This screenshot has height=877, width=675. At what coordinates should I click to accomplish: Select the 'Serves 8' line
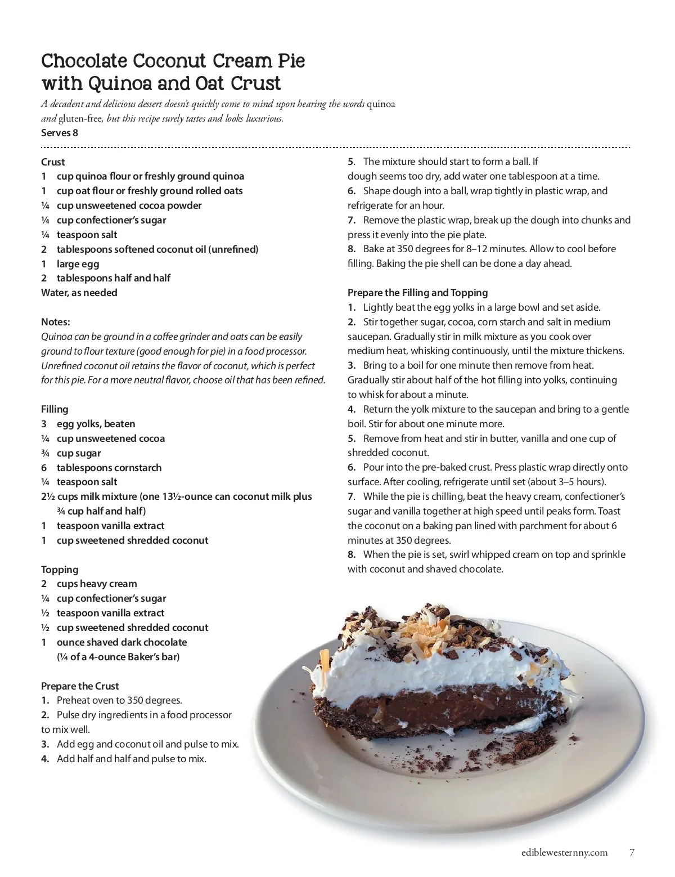(60, 133)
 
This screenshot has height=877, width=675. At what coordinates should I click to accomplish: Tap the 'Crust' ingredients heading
(53, 162)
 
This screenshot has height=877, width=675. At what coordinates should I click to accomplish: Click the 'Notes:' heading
(56, 322)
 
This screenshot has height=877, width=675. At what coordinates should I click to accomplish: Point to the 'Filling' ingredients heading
(55, 409)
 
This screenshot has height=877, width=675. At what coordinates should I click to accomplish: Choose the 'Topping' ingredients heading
(60, 569)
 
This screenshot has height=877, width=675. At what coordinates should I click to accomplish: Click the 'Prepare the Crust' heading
(80, 686)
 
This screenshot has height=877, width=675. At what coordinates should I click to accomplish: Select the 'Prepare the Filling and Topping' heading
(417, 293)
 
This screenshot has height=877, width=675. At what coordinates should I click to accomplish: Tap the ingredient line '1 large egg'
(70, 263)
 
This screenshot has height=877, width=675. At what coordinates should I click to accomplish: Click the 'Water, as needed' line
(79, 293)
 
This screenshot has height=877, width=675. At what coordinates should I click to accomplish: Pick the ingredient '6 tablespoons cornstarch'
(101, 467)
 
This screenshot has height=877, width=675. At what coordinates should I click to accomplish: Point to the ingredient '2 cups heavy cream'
(89, 584)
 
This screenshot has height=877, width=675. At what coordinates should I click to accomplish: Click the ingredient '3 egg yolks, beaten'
(88, 424)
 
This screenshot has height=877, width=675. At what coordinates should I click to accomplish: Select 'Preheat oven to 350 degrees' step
(119, 700)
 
